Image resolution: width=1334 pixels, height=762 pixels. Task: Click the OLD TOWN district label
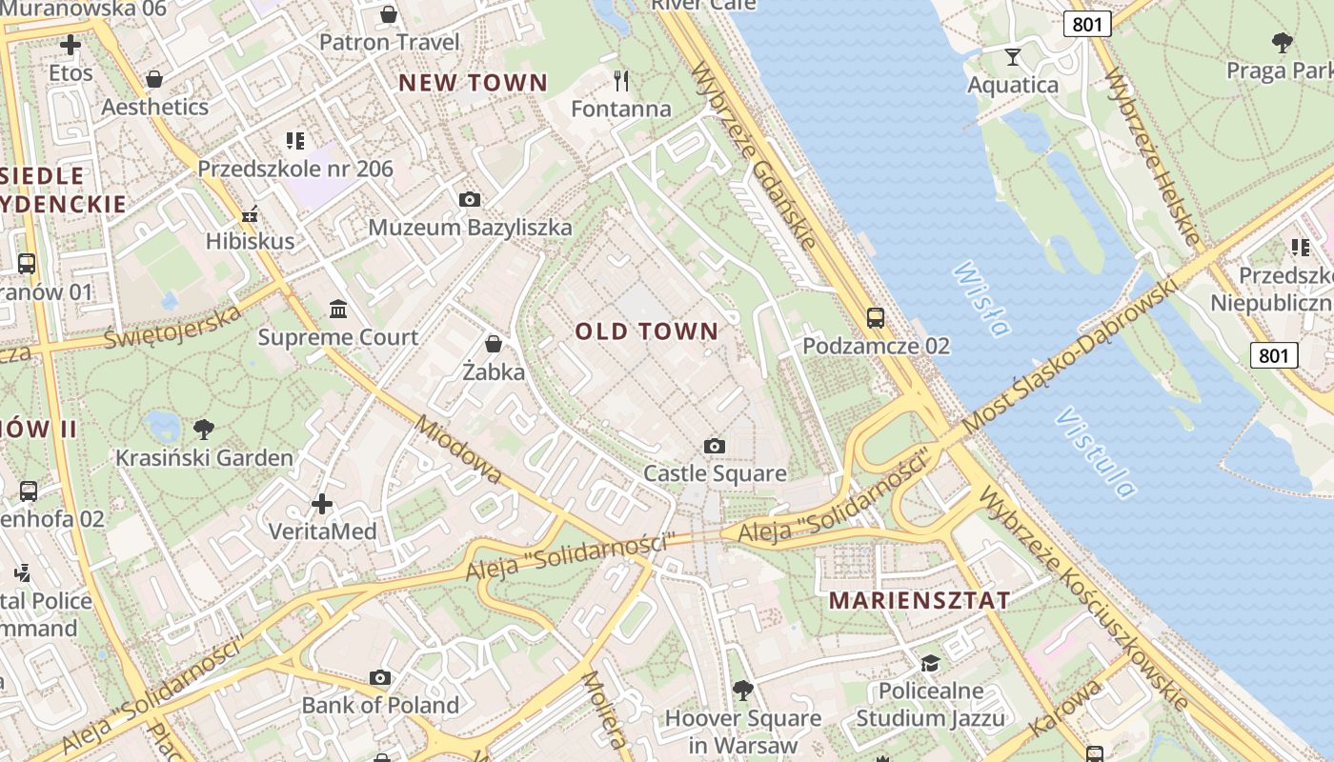click(x=647, y=331)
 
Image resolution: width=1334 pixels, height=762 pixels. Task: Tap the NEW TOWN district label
click(x=473, y=83)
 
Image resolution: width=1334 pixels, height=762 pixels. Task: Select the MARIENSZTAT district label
click(x=920, y=601)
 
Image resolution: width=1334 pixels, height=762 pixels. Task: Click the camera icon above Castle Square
click(x=714, y=446)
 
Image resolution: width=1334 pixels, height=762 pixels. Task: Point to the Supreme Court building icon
click(x=338, y=310)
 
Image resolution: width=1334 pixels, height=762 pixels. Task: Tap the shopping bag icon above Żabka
click(x=494, y=343)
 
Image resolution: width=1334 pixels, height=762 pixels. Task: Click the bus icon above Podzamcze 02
click(x=875, y=318)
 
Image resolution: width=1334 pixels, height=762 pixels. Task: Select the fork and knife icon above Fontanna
click(x=621, y=80)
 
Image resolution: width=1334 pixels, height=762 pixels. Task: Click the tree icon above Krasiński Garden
click(x=203, y=429)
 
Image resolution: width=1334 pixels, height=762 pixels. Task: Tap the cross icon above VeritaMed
click(x=322, y=503)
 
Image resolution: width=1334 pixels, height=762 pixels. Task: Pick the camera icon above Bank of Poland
click(x=380, y=678)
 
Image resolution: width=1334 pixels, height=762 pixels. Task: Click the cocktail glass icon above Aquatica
click(x=1012, y=57)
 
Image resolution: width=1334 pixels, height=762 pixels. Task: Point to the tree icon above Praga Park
click(x=1282, y=42)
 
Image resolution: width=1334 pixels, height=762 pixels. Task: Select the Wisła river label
click(x=980, y=299)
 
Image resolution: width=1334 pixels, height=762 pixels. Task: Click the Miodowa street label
click(x=458, y=451)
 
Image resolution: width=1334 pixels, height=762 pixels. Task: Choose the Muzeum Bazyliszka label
click(x=470, y=227)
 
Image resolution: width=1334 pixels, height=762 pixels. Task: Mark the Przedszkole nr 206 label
click(x=295, y=169)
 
